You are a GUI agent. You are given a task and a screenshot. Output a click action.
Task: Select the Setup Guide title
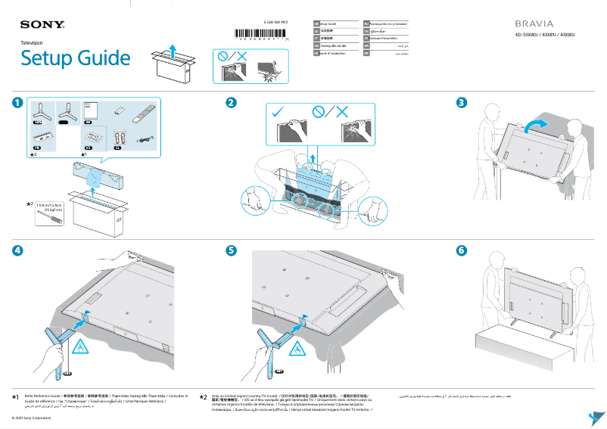[x=76, y=58]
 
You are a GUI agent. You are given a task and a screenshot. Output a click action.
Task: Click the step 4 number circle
[x=17, y=250]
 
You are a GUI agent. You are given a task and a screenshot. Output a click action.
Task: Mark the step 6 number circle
[x=461, y=250]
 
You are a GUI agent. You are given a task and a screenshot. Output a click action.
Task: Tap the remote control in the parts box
[x=142, y=117]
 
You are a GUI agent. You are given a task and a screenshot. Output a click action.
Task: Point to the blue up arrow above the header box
[x=173, y=50]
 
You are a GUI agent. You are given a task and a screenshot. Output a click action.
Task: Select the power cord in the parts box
[x=142, y=140]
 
